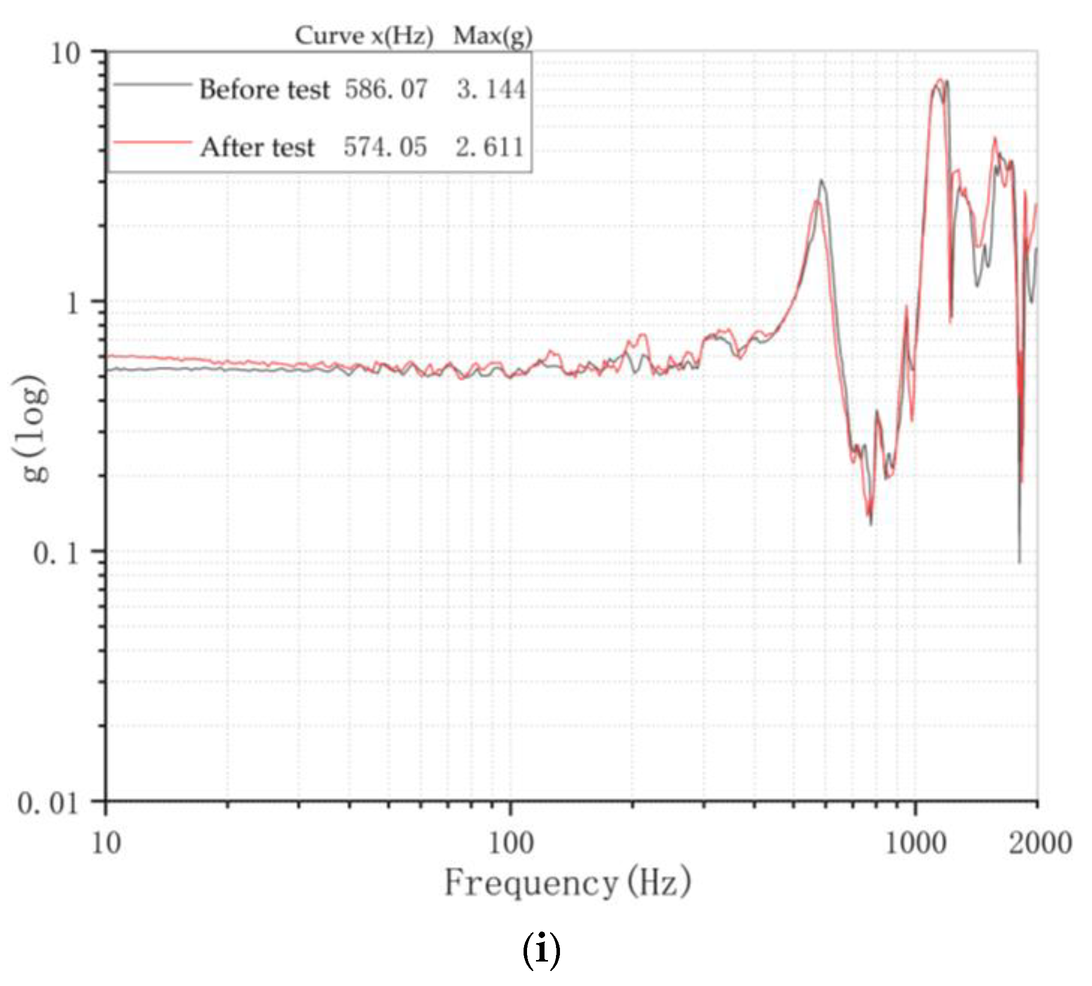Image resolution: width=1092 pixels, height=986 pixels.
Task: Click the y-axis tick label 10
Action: point(65,54)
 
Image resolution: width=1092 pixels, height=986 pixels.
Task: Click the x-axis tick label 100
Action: point(510,844)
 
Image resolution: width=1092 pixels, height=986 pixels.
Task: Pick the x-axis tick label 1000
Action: point(915,844)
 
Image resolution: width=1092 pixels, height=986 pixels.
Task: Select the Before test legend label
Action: point(265,89)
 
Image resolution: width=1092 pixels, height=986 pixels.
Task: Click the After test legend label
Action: point(258,147)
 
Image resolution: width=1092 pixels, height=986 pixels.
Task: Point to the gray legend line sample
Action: point(152,84)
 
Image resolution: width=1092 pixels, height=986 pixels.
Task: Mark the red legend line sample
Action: point(152,142)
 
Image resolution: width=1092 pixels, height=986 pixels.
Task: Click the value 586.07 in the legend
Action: point(386,89)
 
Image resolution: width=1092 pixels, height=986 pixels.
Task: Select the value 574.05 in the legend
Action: point(385,147)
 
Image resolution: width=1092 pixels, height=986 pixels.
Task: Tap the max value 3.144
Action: point(491,89)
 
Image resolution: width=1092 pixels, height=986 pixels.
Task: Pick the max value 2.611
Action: point(490,147)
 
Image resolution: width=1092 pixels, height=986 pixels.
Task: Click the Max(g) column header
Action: point(493,37)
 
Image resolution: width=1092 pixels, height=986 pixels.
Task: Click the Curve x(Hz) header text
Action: point(364,37)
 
